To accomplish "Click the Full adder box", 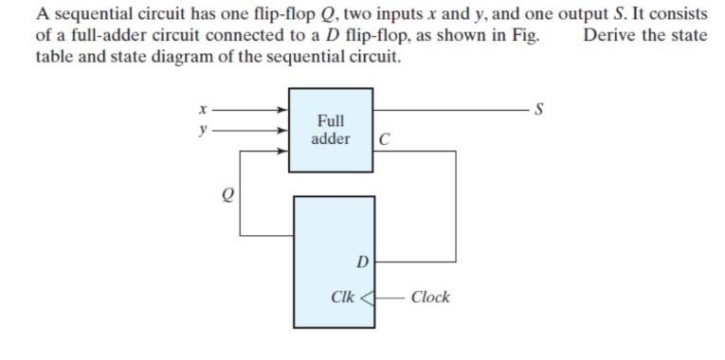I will [x=330, y=129].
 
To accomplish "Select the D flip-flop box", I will [x=334, y=261].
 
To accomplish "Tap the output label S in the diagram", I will [x=539, y=110].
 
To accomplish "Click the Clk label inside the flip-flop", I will [x=343, y=297].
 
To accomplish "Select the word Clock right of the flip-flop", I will [x=430, y=297].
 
